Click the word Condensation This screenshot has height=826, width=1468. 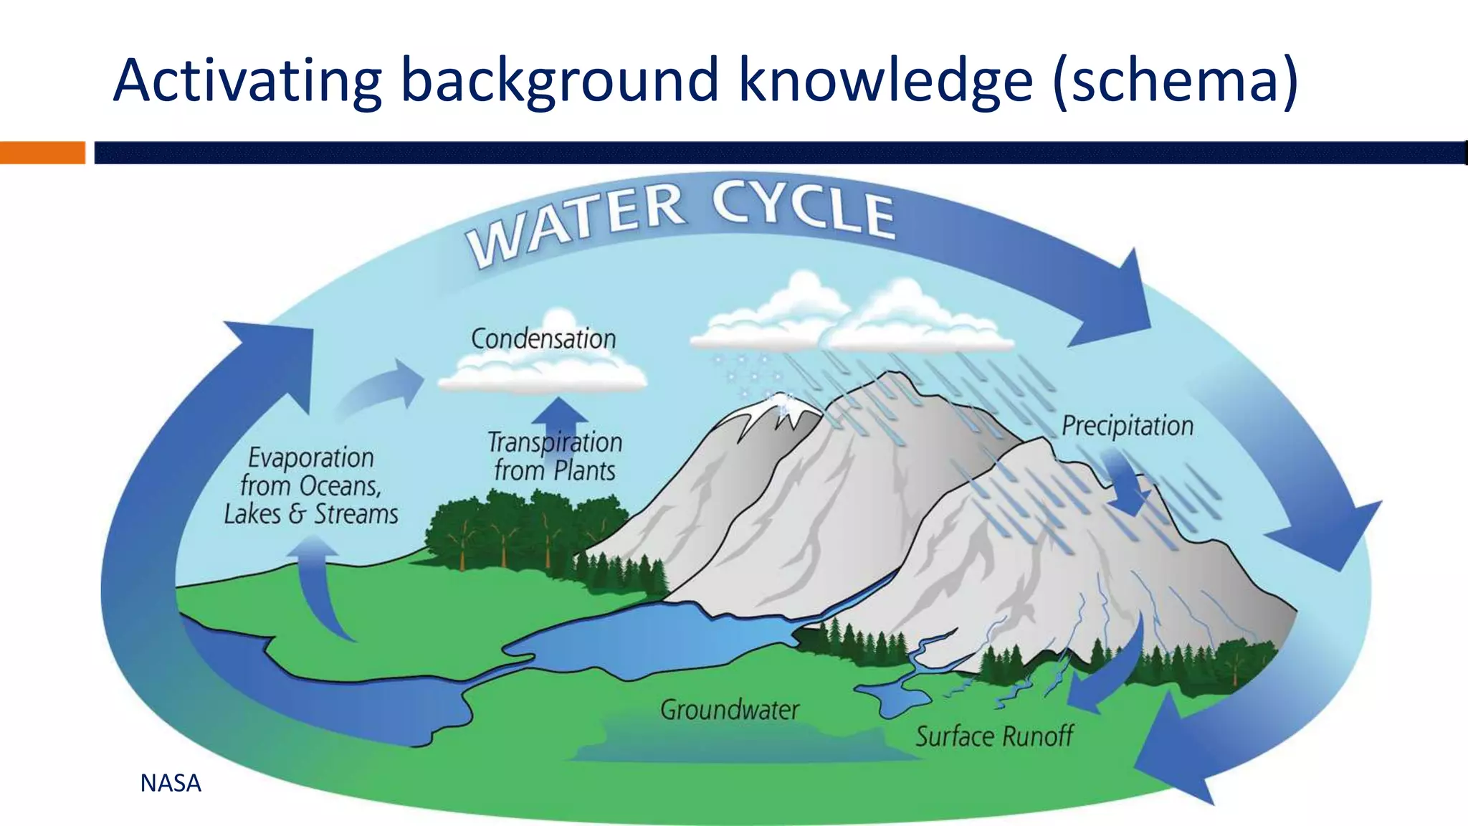[543, 338]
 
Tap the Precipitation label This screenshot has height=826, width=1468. [1127, 426]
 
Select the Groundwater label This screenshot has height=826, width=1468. [729, 710]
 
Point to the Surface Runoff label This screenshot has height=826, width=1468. [993, 736]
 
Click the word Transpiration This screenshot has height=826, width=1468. [555, 442]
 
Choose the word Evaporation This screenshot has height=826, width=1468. [311, 457]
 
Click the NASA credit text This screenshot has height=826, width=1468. [171, 783]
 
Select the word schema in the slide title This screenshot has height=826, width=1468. [1176, 80]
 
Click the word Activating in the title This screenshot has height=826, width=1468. [247, 80]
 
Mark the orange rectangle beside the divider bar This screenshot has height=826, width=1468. [42, 153]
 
